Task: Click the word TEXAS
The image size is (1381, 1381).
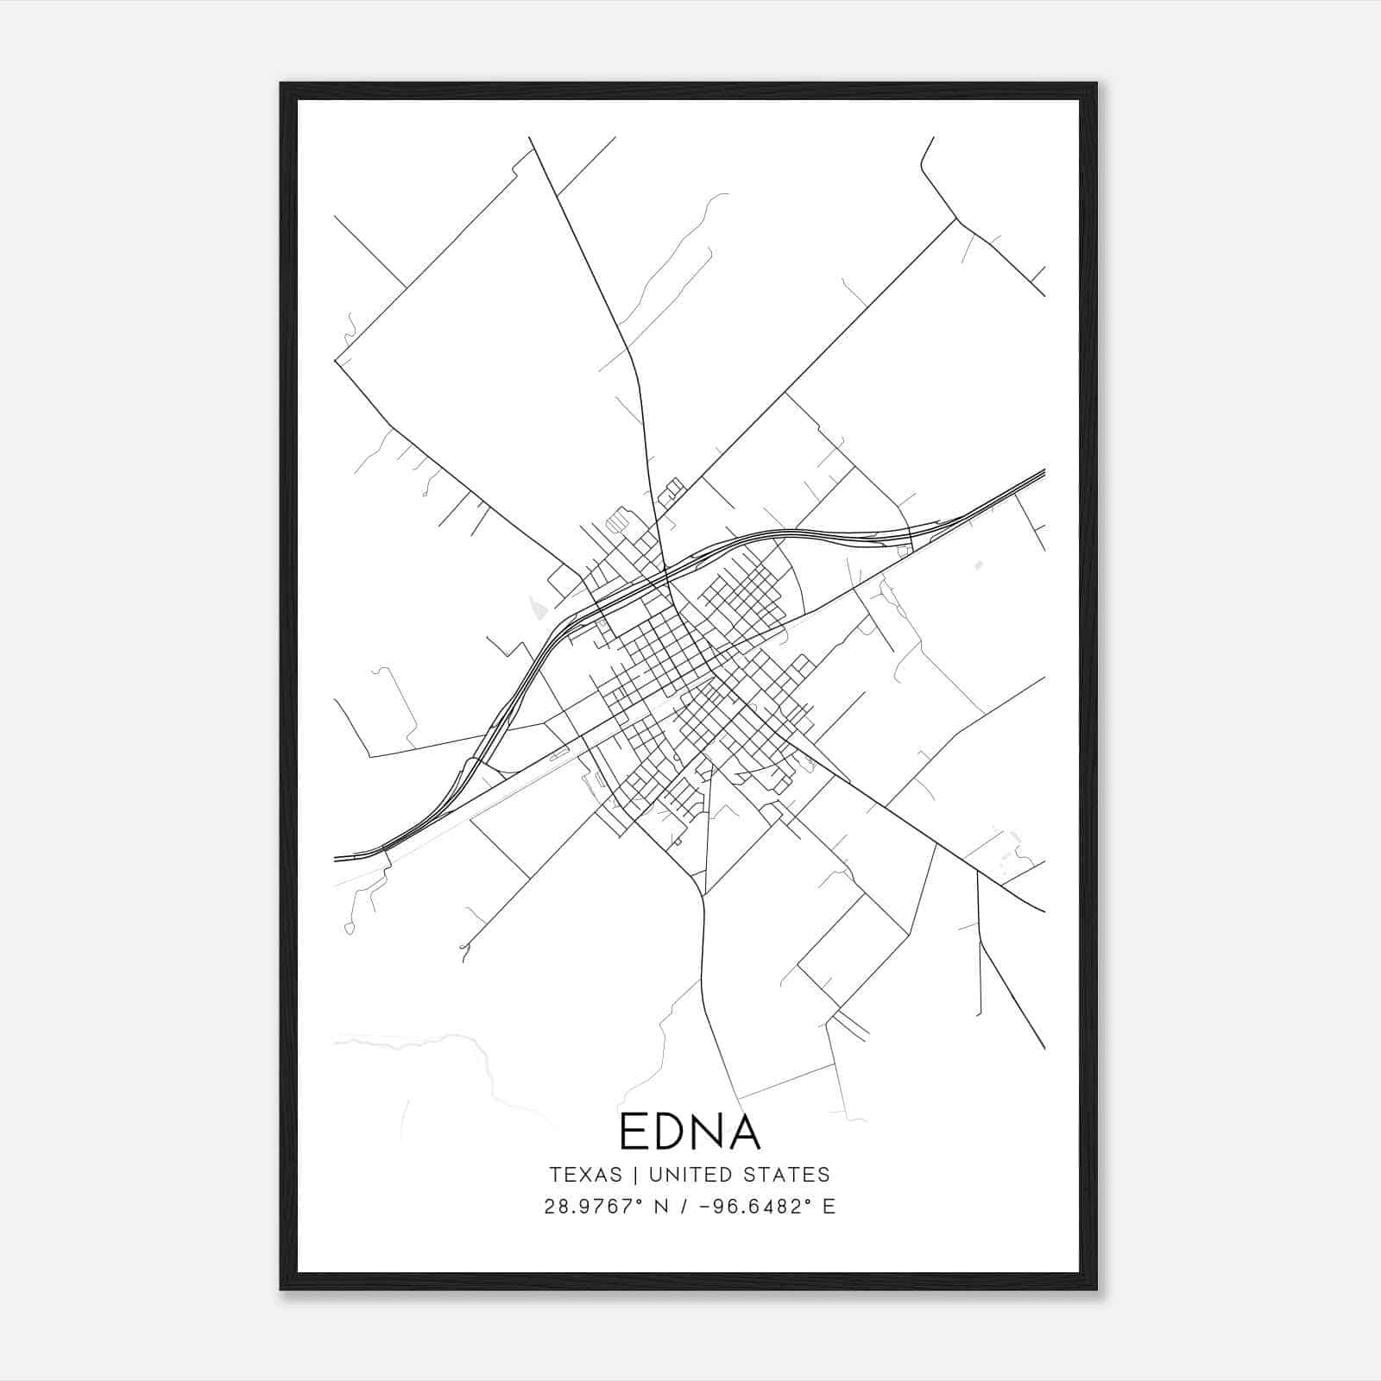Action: (585, 1175)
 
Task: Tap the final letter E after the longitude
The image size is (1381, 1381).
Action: (829, 1207)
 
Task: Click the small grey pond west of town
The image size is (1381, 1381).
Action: (537, 610)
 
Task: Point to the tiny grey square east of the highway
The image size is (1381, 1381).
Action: (977, 565)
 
